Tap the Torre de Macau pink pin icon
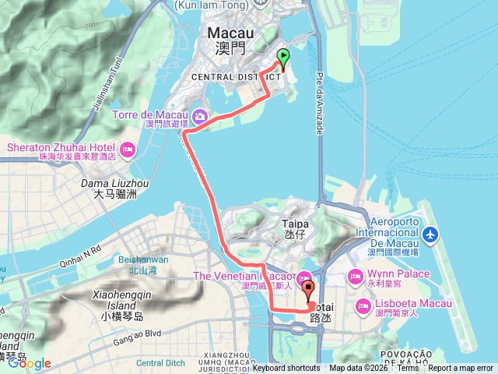(200, 117)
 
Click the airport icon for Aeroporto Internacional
(432, 235)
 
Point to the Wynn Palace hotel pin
(355, 275)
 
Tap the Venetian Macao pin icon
(303, 277)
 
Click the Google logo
(30, 363)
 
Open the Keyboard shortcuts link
(286, 369)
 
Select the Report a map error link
(461, 369)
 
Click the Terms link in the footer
(407, 369)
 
